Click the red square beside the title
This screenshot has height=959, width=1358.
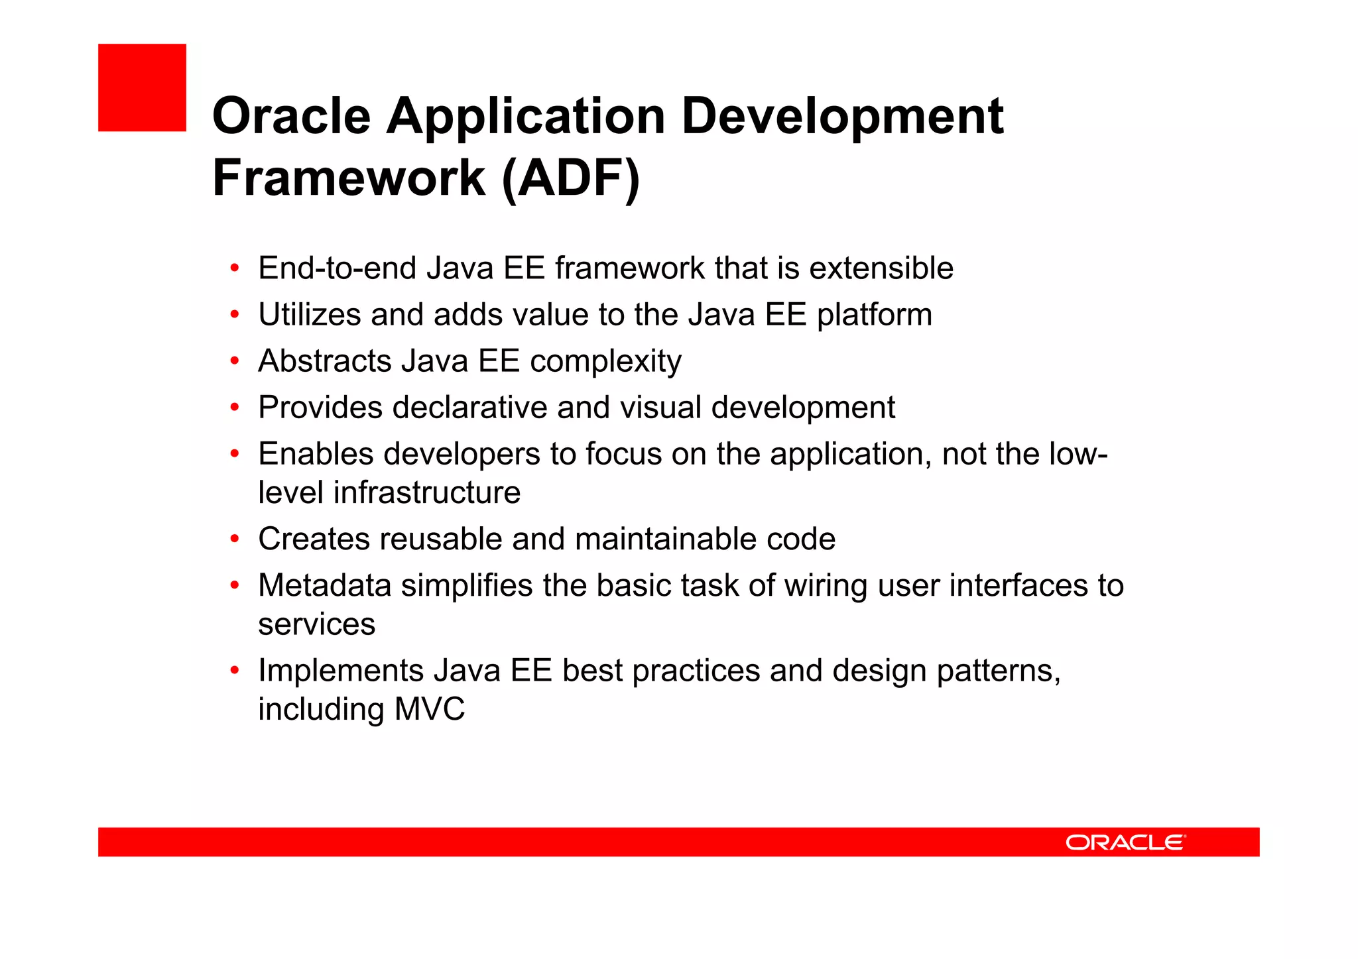pos(142,87)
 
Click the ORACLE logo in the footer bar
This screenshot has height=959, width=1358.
pos(1125,842)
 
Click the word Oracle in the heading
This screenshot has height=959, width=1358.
pos(291,117)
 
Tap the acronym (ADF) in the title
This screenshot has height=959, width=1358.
pos(571,179)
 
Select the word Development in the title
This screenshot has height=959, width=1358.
pos(842,117)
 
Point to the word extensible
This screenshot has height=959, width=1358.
pos(881,268)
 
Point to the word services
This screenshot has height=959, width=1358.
pos(316,624)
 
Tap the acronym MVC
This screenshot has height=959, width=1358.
pos(430,709)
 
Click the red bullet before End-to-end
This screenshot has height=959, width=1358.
pos(234,269)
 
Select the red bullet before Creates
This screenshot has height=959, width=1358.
pos(234,539)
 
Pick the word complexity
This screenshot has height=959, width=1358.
pos(605,362)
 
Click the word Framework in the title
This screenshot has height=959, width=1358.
pos(349,179)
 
